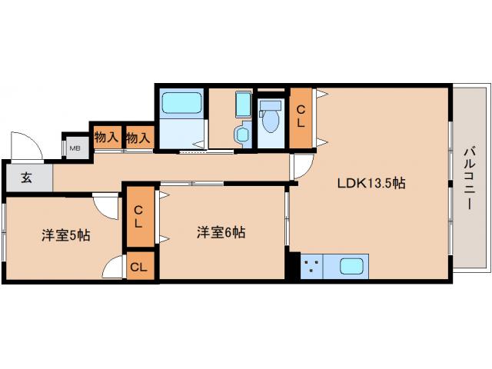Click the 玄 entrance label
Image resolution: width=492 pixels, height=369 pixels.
click(26, 178)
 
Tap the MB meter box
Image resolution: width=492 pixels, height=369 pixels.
click(75, 148)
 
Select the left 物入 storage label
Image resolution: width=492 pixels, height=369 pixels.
click(106, 138)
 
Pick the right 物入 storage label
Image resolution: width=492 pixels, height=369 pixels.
click(138, 138)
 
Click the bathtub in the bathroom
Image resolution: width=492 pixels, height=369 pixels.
click(181, 103)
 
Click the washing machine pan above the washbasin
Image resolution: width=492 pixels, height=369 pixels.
click(242, 104)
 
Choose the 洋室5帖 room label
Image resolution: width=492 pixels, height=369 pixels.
click(65, 236)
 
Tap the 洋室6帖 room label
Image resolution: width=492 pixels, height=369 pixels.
click(221, 232)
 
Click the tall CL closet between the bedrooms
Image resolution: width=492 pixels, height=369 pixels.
click(139, 217)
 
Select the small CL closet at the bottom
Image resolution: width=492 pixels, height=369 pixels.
click(139, 268)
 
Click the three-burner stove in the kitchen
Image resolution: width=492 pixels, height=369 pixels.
click(311, 268)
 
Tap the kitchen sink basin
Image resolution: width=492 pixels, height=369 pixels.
click(351, 268)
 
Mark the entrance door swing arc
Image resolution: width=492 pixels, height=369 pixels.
click(23, 144)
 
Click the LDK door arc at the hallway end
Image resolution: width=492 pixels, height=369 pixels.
click(302, 166)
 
